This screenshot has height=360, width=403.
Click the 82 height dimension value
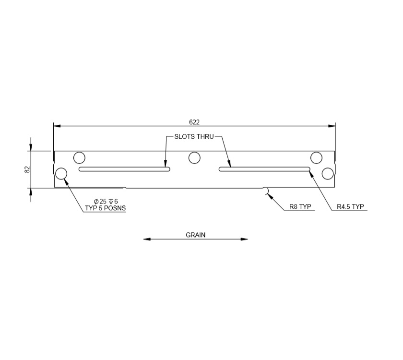click(x=27, y=169)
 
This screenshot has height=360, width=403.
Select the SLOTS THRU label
click(x=194, y=137)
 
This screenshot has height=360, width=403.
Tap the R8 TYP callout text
click(x=300, y=207)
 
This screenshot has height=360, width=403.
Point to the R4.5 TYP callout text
click(x=350, y=207)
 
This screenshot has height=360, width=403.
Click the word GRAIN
click(x=195, y=235)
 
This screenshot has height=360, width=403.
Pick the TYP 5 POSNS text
click(x=105, y=208)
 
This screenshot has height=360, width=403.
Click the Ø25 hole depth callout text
click(x=106, y=201)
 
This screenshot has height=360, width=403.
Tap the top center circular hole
click(x=194, y=157)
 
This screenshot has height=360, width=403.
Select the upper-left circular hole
click(x=79, y=157)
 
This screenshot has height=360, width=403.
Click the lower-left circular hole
click(x=61, y=173)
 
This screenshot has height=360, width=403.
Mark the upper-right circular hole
click(x=316, y=157)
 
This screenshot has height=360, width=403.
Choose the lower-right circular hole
click(x=328, y=173)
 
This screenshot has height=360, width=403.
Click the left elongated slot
click(x=124, y=169)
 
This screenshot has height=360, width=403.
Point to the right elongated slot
click(x=264, y=169)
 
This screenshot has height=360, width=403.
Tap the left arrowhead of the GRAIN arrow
click(x=146, y=239)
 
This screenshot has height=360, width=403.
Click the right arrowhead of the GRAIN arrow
click(x=245, y=239)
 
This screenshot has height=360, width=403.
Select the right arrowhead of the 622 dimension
click(x=332, y=126)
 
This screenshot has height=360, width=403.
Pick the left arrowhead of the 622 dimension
click(x=57, y=126)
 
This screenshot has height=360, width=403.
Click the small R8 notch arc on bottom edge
click(x=265, y=191)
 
